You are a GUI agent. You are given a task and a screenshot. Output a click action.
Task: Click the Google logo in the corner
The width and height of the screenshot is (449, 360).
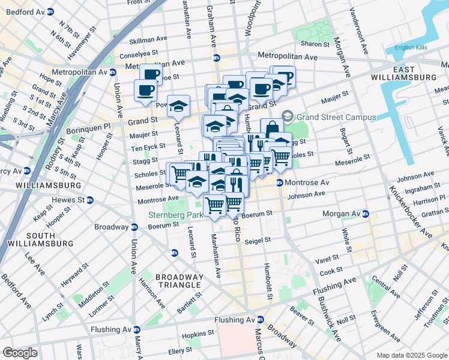coord(20,353)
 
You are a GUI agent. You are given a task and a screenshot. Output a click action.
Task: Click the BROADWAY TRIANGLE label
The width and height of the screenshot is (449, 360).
coord(178,281)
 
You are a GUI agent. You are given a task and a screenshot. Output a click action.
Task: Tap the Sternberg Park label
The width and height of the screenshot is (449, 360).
coord(176,215)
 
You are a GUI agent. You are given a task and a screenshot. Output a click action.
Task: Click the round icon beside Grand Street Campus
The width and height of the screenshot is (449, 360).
coord(288,115)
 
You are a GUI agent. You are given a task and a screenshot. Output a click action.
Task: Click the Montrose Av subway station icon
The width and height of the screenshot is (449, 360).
coord(280,182)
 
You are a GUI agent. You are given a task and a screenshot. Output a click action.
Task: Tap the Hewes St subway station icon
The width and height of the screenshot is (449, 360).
coord(89,200)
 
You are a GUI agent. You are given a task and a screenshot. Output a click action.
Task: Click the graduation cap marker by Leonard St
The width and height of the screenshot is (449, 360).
coord(178,106)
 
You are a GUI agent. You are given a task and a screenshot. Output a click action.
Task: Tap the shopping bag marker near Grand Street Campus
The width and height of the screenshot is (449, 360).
coord(272,128)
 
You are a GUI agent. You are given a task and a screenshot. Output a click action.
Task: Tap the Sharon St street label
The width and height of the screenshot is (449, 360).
coord(315,44)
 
